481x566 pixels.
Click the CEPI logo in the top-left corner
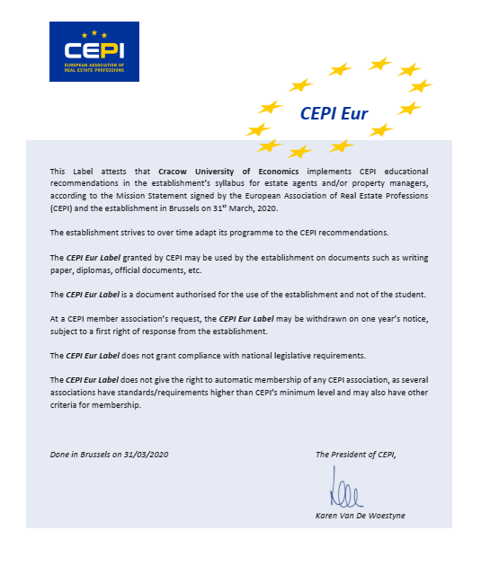tap(94, 51)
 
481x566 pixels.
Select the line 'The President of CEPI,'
tap(355, 455)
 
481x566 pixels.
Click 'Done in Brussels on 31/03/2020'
tap(110, 455)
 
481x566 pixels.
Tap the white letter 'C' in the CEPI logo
tap(69, 51)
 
